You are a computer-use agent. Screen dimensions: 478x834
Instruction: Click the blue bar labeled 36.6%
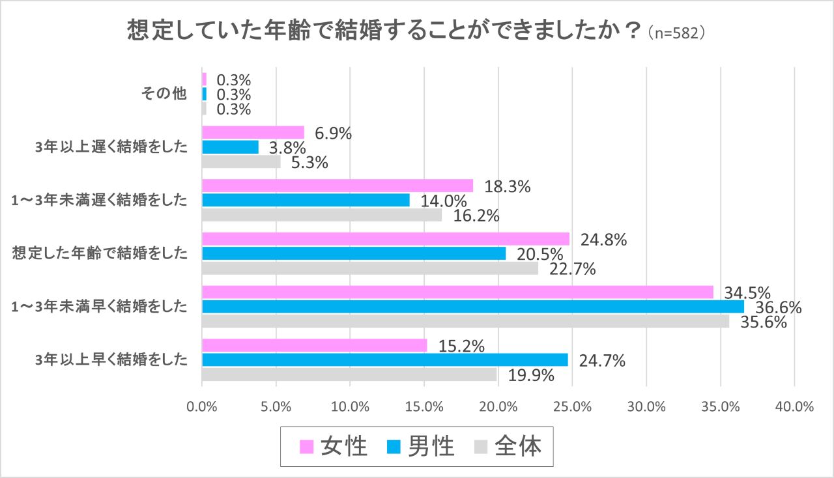tap(472, 306)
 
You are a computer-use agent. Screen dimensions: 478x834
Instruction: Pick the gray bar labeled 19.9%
tap(349, 374)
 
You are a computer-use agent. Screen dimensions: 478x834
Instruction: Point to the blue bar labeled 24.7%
tap(384, 359)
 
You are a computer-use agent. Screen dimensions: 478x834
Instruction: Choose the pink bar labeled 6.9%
tap(253, 132)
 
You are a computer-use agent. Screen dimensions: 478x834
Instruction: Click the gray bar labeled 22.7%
tap(370, 268)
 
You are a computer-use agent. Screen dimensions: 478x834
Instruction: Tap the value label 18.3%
tap(508, 186)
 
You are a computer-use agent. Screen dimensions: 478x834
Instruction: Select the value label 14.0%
tap(443, 201)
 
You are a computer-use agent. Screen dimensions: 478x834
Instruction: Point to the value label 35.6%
tap(764, 322)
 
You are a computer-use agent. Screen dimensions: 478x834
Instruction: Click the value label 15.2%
tap(461, 345)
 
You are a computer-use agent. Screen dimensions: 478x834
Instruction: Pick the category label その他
tap(164, 94)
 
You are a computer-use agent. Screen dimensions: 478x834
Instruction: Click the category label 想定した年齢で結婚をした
tap(100, 253)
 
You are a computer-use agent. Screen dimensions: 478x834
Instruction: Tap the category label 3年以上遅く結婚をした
tap(111, 147)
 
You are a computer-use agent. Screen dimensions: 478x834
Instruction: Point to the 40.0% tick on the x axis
tap(794, 407)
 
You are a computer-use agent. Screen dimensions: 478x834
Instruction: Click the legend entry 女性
tap(333, 447)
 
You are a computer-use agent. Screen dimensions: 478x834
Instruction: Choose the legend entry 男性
tap(420, 447)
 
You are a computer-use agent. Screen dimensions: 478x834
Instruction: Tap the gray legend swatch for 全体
tap(481, 447)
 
